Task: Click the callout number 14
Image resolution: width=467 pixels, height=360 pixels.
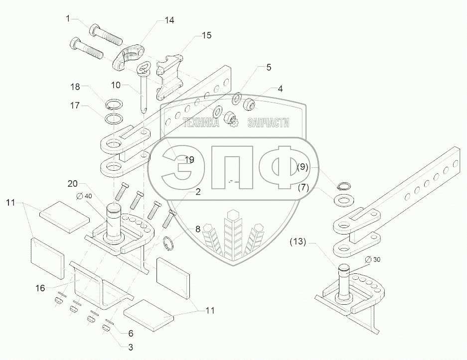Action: pos(170,20)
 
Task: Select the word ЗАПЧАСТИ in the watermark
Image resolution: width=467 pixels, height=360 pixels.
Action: pos(268,123)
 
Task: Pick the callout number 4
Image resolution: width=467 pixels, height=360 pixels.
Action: pos(281,89)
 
